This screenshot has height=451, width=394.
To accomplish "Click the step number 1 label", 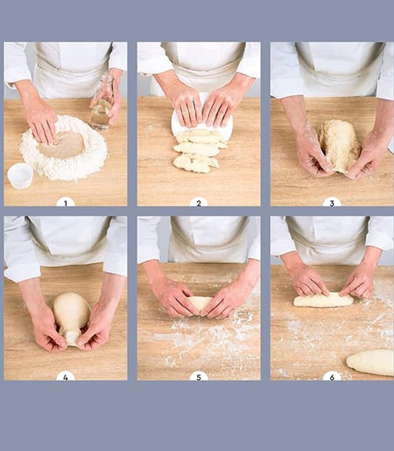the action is pyautogui.click(x=65, y=203).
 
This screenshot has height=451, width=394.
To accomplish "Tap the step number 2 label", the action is pyautogui.click(x=199, y=203).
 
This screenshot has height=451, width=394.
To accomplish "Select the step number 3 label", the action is pyautogui.click(x=332, y=203).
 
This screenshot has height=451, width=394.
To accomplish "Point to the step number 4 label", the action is pyautogui.click(x=65, y=377).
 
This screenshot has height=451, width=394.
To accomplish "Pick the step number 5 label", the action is pyautogui.click(x=199, y=377).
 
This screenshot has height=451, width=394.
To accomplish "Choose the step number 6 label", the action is pyautogui.click(x=332, y=377).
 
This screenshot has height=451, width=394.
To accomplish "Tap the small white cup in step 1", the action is pyautogui.click(x=20, y=176).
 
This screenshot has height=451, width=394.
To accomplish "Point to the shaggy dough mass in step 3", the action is pyautogui.click(x=339, y=145).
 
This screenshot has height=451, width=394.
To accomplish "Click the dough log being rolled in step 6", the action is pyautogui.click(x=323, y=300).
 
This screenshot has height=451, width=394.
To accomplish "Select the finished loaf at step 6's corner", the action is pyautogui.click(x=370, y=362).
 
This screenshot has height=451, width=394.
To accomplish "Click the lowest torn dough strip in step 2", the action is pyautogui.click(x=195, y=163).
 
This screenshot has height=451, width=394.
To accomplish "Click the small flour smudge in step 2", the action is pyautogui.click(x=152, y=129).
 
